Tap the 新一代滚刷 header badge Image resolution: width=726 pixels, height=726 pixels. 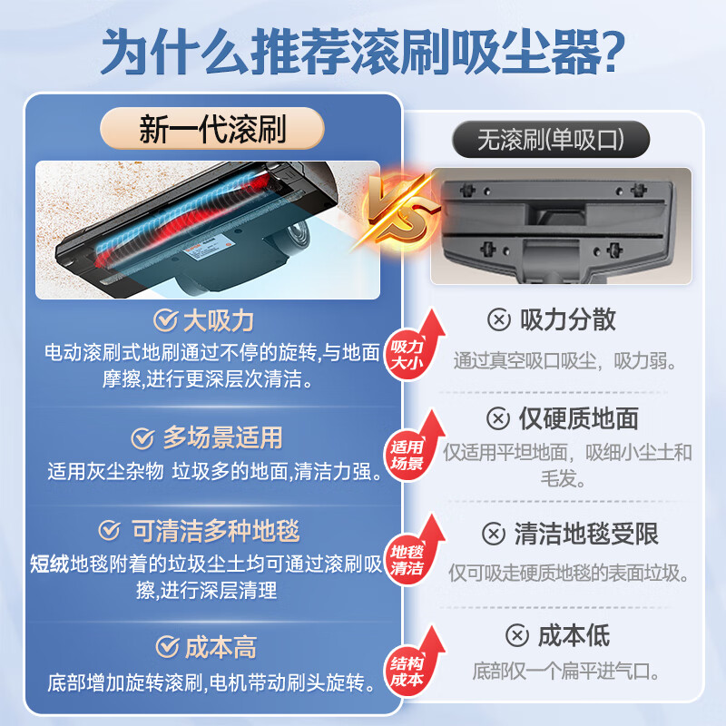[x=211, y=129]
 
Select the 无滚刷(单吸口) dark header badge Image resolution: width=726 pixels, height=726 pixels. [x=551, y=141]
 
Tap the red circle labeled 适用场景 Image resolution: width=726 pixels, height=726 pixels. [x=407, y=456]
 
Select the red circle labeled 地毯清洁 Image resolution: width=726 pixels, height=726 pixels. [x=407, y=561]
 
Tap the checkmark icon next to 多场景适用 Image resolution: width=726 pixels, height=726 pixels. [x=142, y=438]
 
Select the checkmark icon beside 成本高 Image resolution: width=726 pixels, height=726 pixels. [x=166, y=646]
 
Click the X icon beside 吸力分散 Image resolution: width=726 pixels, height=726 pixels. [x=498, y=319]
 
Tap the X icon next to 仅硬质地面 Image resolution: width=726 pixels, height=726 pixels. [x=498, y=418]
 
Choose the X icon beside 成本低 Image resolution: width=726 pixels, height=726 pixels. [x=515, y=635]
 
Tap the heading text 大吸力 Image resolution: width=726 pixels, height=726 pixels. [x=218, y=320]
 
